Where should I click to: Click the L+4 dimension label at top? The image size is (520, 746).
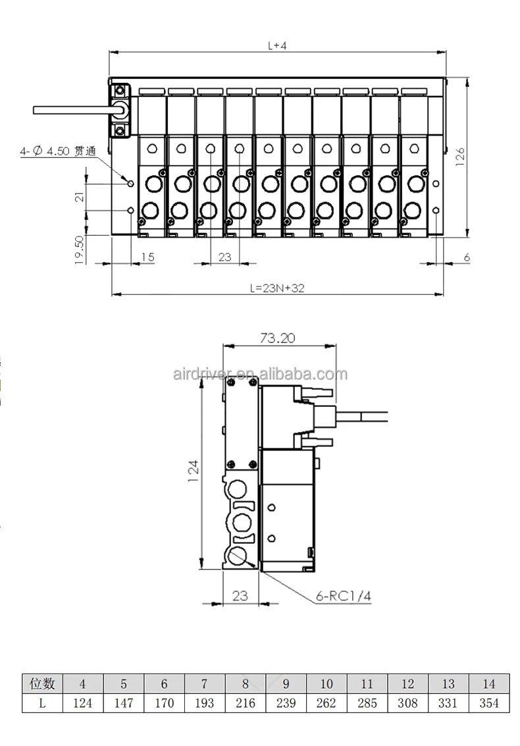click(277, 45)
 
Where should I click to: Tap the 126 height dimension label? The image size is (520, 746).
click(460, 157)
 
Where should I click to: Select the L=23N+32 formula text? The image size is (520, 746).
click(277, 288)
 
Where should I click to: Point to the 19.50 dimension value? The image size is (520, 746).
click(80, 250)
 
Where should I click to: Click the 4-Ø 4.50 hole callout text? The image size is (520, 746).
click(57, 151)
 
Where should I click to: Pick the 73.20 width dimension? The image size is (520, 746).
click(277, 338)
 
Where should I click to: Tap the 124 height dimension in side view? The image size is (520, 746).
click(193, 472)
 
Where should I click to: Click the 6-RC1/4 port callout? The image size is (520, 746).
click(344, 596)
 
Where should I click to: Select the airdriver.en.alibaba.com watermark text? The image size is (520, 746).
click(260, 374)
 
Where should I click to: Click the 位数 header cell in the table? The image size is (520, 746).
click(42, 683)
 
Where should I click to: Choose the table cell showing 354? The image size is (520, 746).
click(489, 703)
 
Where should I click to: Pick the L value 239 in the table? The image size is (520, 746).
click(286, 703)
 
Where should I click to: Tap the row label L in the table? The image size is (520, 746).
click(42, 703)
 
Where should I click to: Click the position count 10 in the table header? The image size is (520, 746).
click(326, 683)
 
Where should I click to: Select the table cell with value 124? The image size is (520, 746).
click(83, 703)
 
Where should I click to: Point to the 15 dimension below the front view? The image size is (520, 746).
click(148, 257)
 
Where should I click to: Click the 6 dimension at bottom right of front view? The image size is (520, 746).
click(467, 257)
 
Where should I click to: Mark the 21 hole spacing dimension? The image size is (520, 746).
click(80, 196)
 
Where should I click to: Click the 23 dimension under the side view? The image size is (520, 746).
click(240, 596)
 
